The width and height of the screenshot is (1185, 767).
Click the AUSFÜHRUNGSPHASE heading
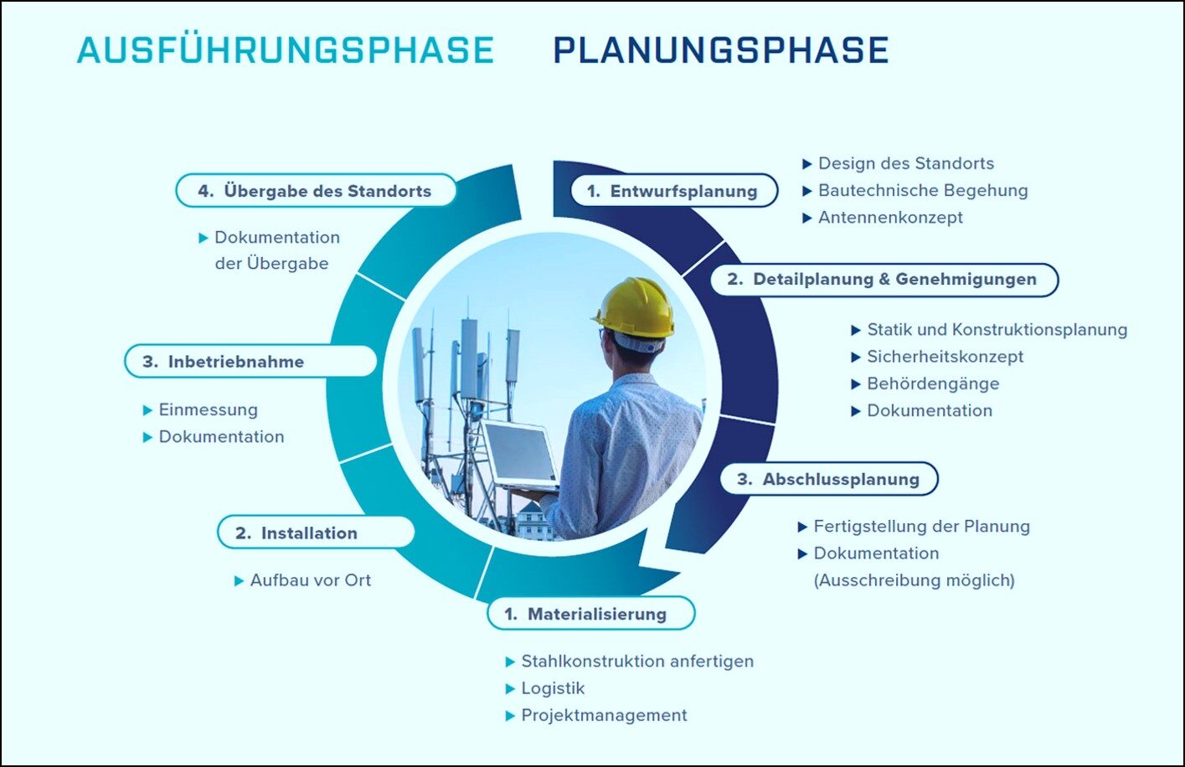286,50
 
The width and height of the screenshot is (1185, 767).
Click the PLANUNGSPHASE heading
720,50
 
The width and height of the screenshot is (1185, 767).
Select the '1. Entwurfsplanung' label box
674,190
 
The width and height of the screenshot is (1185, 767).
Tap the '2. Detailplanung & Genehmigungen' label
884,280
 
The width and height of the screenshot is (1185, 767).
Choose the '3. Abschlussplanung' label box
829,479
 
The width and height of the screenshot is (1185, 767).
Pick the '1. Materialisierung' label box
591,614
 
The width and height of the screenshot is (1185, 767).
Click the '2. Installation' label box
316,533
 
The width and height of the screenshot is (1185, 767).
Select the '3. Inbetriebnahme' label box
250,361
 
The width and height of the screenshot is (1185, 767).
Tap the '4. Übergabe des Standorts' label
317,190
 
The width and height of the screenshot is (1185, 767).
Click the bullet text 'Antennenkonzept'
890,218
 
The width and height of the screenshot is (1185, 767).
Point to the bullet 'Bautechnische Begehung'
923,190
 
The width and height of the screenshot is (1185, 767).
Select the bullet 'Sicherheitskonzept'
945,357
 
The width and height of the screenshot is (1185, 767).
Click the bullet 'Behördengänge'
933,383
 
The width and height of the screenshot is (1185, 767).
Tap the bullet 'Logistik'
553,688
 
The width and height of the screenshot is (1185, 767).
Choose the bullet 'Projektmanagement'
604,715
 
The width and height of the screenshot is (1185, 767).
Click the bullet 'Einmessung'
209,409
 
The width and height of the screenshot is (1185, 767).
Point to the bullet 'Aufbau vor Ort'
311,580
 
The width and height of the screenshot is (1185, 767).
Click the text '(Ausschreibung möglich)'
915,580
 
